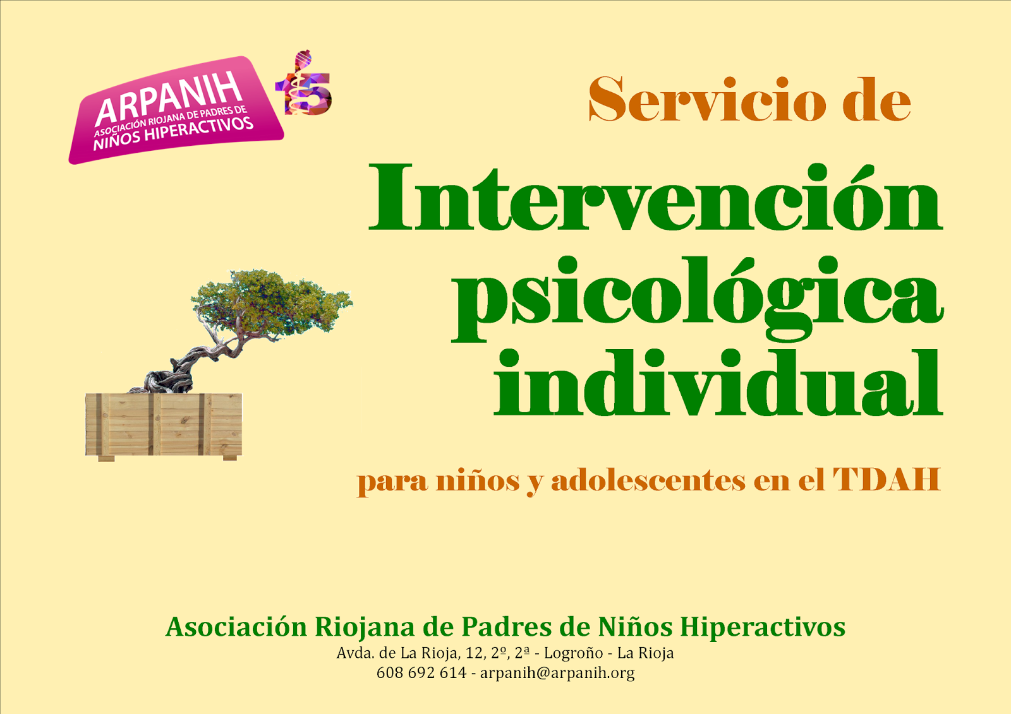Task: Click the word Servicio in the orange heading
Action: pos(707,100)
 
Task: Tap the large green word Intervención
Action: pos(655,198)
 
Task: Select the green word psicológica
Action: pos(698,299)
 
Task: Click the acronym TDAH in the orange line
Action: pos(887,479)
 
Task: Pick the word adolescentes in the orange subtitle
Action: pos(648,480)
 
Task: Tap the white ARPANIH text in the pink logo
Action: pos(168,98)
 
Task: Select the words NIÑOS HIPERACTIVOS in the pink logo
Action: pos(173,133)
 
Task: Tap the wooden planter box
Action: pos(164,426)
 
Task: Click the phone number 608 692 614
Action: pos(421,672)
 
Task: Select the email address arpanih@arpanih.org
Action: pos(557,673)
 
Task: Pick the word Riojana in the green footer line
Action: pos(364,628)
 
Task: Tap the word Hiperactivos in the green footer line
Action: pos(763,628)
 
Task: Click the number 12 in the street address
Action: pos(475,653)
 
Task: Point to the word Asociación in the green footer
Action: pos(236,626)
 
